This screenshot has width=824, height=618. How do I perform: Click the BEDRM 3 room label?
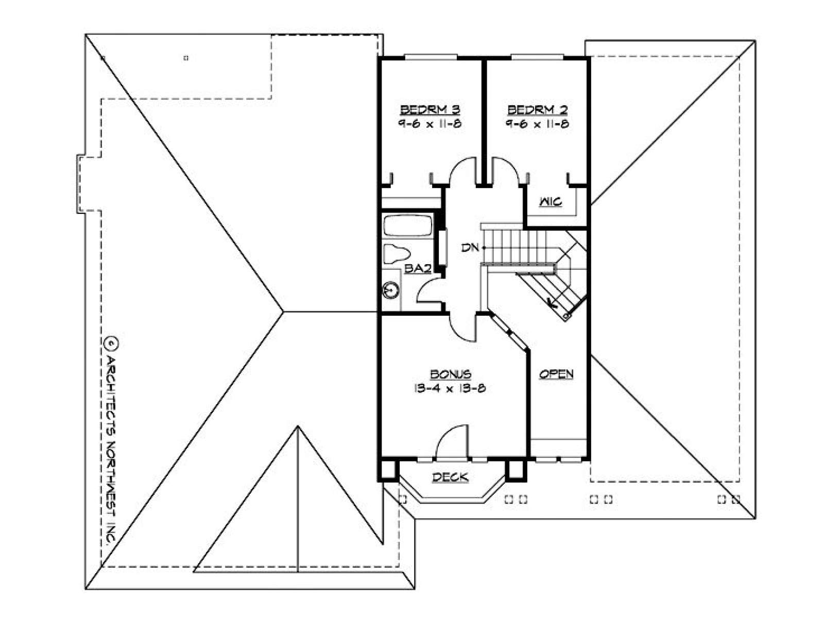pyautogui.click(x=430, y=110)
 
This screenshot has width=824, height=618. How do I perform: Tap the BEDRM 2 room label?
pyautogui.click(x=537, y=110)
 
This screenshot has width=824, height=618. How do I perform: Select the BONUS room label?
pyautogui.click(x=450, y=374)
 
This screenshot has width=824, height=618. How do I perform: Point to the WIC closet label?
pyautogui.click(x=551, y=202)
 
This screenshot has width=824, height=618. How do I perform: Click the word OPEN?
pyautogui.click(x=556, y=374)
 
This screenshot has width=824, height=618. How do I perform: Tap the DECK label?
pyautogui.click(x=450, y=477)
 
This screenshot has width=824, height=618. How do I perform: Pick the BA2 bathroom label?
pyautogui.click(x=418, y=268)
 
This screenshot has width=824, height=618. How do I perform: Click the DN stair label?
pyautogui.click(x=470, y=248)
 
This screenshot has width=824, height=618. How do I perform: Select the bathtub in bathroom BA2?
pyautogui.click(x=407, y=225)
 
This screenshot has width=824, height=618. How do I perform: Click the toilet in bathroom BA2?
pyautogui.click(x=396, y=253)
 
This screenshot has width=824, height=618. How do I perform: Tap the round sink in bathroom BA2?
pyautogui.click(x=390, y=290)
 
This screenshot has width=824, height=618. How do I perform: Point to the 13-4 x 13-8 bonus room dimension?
pyautogui.click(x=450, y=388)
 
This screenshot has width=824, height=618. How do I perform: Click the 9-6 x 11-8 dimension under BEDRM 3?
pyautogui.click(x=430, y=124)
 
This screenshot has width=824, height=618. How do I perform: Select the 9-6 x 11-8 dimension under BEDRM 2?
pyautogui.click(x=537, y=124)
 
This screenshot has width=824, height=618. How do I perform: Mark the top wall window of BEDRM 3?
pyautogui.click(x=431, y=57)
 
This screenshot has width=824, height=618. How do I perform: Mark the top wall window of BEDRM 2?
pyautogui.click(x=537, y=57)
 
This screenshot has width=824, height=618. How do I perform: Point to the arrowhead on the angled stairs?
pyautogui.click(x=551, y=302)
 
